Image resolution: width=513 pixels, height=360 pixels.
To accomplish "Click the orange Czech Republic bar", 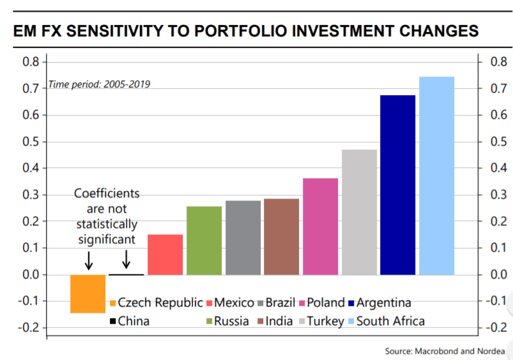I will coord(88,294).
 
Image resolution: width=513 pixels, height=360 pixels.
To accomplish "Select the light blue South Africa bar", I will coord(436,176).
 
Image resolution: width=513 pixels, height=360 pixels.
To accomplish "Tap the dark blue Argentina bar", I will coord(397,185).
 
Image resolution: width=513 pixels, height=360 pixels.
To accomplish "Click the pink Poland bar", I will coord(320,227).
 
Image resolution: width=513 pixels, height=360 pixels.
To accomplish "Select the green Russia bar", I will coord(204,241).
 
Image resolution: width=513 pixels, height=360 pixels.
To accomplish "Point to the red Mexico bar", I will coord(165,255).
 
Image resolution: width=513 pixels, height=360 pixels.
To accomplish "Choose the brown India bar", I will coord(281,237).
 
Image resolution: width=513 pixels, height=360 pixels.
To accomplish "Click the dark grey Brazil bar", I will coord(243,238).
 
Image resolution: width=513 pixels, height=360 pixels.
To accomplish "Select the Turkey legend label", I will coord(326,321).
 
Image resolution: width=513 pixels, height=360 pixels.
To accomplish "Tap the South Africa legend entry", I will coord(390,321).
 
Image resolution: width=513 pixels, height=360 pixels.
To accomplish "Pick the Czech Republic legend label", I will coord(160,303).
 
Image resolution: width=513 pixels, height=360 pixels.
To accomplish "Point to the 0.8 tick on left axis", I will coord(31,62).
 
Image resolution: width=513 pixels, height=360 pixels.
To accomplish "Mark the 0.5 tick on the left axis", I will coord(31,142).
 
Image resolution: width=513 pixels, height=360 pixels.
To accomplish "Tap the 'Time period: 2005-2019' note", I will coord(100,84).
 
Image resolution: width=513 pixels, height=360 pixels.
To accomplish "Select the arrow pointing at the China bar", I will coord(126,259).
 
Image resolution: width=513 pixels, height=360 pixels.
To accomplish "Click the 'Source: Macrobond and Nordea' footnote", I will coord(445,351).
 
